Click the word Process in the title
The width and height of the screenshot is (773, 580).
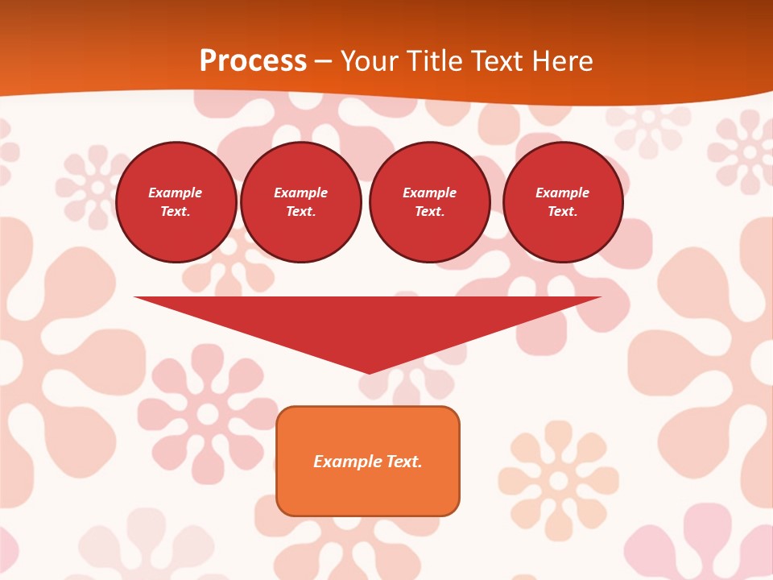[253, 61]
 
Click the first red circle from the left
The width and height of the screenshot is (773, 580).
[176, 202]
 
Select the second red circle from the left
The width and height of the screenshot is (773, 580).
[300, 202]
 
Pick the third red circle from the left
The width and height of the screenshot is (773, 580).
[429, 202]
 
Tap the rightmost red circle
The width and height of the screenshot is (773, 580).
[562, 202]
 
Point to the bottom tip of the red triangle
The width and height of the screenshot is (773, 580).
[369, 371]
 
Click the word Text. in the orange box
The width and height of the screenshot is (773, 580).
[404, 462]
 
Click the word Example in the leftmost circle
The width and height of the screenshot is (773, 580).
[176, 193]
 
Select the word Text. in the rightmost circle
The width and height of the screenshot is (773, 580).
[562, 212]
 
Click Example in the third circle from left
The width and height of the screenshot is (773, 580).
[429, 193]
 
